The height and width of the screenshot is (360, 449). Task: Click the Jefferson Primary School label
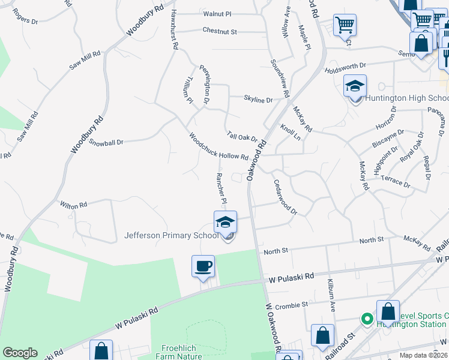[171, 235]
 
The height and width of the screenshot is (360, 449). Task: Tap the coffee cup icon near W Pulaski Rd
[203, 266]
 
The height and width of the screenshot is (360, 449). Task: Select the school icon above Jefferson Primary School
[225, 221]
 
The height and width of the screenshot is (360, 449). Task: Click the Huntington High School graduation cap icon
[355, 86]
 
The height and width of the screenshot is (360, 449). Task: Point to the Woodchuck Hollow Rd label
[218, 146]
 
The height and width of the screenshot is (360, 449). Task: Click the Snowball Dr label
[106, 143]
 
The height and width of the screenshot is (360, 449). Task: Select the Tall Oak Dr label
[241, 136]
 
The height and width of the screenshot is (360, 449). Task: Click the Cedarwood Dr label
[285, 197]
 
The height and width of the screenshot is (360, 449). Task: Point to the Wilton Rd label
[73, 205]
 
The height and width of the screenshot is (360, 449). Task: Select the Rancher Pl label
[220, 185]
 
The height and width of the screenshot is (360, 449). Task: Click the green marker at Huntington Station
[365, 319]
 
